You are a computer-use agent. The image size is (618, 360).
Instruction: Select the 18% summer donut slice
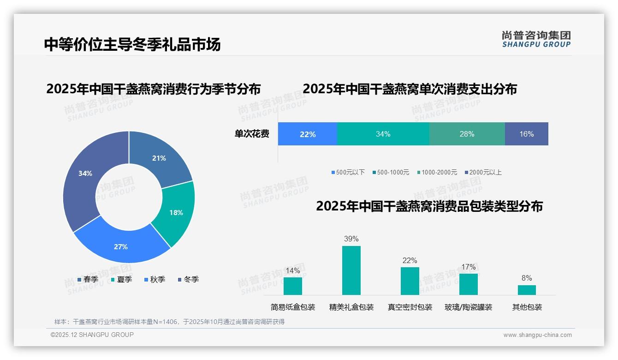(x=175, y=213)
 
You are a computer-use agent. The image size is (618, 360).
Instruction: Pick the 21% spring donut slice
(x=159, y=158)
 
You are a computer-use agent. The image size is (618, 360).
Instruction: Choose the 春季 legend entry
(x=88, y=279)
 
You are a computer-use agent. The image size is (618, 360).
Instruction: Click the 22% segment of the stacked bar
(x=308, y=134)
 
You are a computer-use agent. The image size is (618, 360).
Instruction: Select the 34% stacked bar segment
(x=383, y=134)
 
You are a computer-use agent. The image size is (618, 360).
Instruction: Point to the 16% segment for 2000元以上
(x=526, y=134)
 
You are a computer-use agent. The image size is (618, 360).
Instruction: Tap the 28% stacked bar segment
(x=467, y=134)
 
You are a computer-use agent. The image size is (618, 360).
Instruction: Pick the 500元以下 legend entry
(x=348, y=172)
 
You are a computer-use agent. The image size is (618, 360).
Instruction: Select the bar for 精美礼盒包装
(x=351, y=270)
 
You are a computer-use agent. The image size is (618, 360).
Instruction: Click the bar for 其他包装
(x=527, y=290)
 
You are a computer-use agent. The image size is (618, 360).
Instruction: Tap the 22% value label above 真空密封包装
(x=410, y=261)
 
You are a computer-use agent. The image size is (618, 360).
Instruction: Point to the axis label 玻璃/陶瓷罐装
(x=468, y=307)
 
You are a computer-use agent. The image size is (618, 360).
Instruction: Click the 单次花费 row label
(x=252, y=134)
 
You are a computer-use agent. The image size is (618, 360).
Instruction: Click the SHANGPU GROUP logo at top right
(x=536, y=39)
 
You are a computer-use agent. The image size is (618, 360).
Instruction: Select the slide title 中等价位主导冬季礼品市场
(x=132, y=44)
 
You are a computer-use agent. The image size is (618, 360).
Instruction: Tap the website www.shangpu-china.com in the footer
(x=537, y=335)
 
